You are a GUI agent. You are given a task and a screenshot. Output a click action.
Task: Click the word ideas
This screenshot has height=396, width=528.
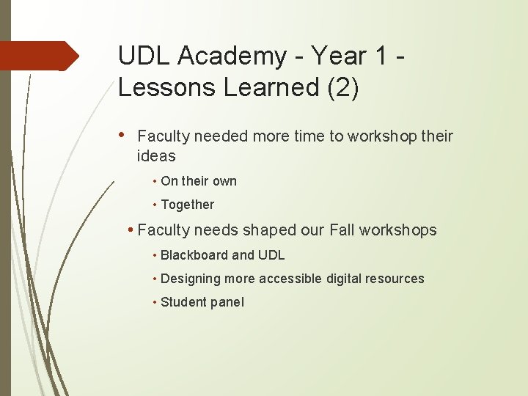(x=156, y=155)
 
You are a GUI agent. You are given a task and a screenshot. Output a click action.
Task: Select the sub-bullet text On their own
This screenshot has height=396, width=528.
(x=198, y=181)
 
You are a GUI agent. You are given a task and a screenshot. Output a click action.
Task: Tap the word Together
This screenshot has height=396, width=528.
(x=187, y=205)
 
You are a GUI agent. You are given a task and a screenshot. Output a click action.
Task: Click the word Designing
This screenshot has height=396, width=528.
(x=190, y=279)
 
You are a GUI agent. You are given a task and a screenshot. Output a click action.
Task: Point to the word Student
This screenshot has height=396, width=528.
(x=183, y=302)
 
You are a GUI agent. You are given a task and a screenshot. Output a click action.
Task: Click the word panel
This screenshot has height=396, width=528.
(x=227, y=302)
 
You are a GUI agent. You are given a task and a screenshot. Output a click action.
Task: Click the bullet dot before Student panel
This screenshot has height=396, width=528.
(x=155, y=302)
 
